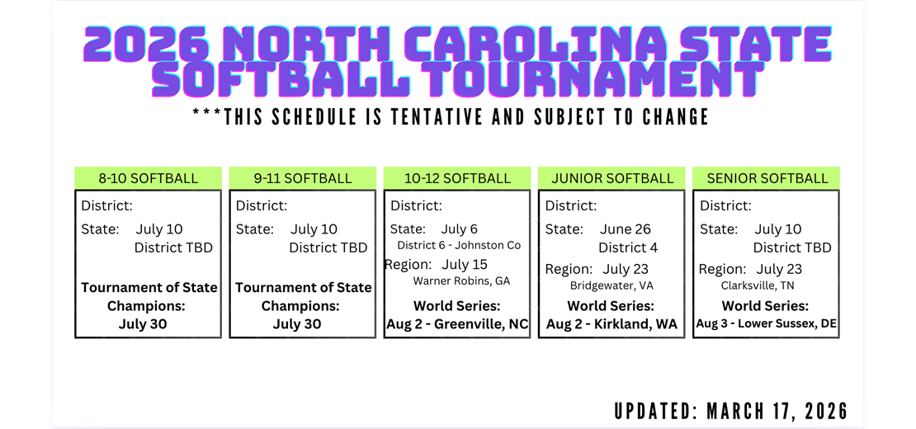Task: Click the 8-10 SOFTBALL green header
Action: [x=149, y=178]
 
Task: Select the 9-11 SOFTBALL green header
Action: [x=303, y=178]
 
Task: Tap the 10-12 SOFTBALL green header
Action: [x=457, y=178]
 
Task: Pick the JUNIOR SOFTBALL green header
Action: [x=612, y=178]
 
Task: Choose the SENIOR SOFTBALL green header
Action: [x=767, y=178]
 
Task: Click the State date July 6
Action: [x=460, y=229]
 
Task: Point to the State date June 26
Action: [x=626, y=229]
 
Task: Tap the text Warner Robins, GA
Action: [x=461, y=281]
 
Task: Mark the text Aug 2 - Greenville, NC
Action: [x=457, y=324]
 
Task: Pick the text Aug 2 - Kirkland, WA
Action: [x=611, y=324]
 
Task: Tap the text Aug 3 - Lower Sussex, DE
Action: [x=767, y=324]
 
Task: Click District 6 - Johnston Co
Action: [x=459, y=246]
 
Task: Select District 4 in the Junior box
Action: [x=628, y=247]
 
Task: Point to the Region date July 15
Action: [x=465, y=265]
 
